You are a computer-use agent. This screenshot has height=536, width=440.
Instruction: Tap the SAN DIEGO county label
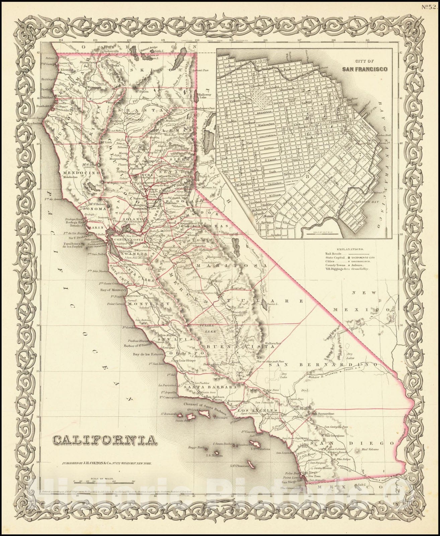pyautogui.click(x=352, y=443)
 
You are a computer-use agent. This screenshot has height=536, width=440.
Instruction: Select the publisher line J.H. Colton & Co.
pyautogui.click(x=107, y=463)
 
